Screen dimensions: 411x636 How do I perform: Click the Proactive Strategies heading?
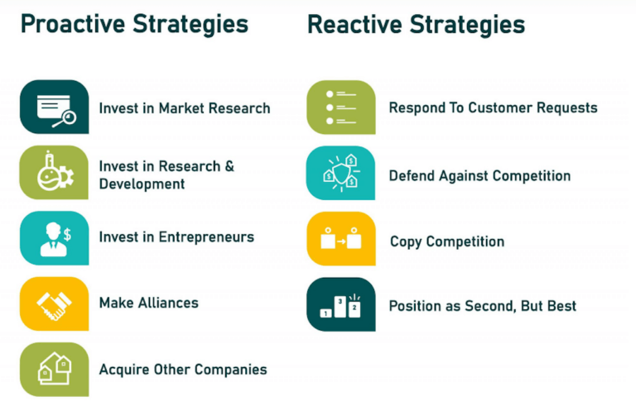coord(134,24)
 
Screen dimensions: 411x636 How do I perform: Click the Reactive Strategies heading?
coord(416,24)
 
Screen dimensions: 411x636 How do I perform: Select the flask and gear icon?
coord(54,173)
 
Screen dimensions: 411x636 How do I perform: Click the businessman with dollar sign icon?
coord(54,238)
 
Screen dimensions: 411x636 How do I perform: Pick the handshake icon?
coord(54,303)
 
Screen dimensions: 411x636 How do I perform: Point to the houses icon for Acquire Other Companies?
coord(54,369)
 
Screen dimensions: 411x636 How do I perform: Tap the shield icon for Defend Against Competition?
coord(340,173)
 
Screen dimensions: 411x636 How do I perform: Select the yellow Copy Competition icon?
coord(340,239)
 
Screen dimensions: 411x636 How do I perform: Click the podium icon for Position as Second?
coord(340,304)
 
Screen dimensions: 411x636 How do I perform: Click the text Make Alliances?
coord(148,303)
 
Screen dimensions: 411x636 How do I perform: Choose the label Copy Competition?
coord(446,241)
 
